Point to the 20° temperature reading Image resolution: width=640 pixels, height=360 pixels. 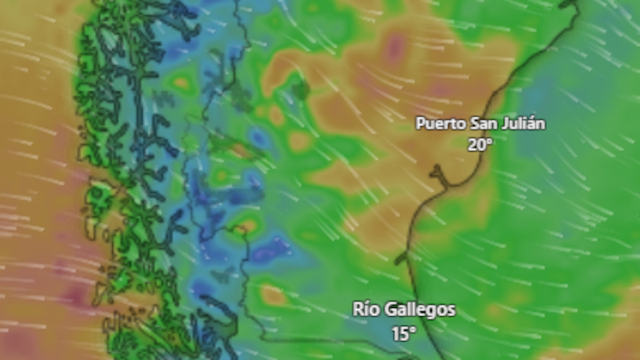479,145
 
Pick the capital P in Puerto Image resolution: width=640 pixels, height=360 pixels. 420,124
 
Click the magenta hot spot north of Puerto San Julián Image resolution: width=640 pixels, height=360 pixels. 395,47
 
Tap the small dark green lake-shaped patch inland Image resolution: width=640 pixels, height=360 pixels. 300,90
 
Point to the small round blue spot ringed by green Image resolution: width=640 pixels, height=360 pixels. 259,138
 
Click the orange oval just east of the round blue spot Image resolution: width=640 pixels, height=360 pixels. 299,141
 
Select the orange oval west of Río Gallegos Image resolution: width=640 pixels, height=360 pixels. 273,295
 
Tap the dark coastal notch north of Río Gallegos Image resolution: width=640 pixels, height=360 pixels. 402,259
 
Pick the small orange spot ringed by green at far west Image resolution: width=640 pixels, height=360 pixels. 181,83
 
